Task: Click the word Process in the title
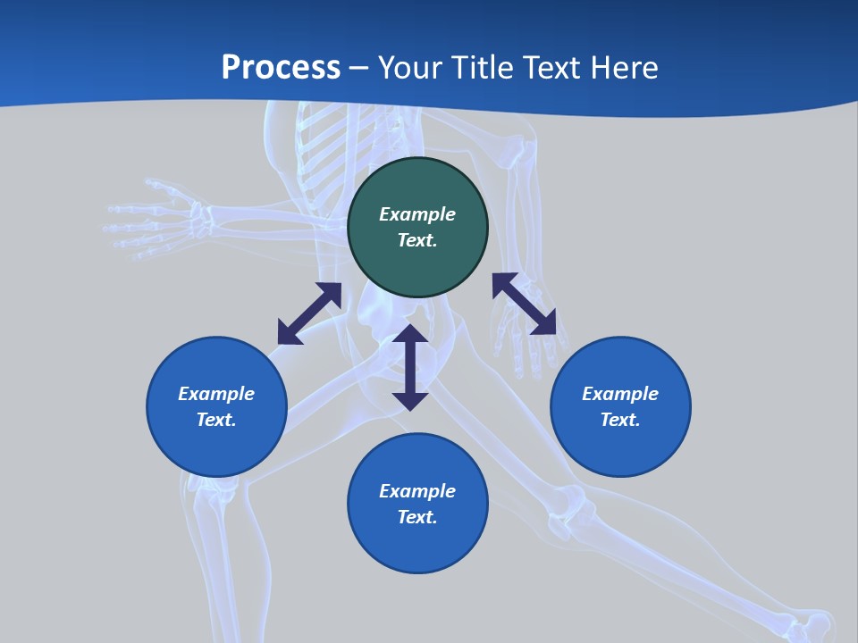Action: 281,68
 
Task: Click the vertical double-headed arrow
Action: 410,367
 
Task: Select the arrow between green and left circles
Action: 309,313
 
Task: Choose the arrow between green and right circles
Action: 525,305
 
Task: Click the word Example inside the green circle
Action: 417,214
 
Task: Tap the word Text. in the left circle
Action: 216,420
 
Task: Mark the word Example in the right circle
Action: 620,394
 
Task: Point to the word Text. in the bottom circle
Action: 417,517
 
